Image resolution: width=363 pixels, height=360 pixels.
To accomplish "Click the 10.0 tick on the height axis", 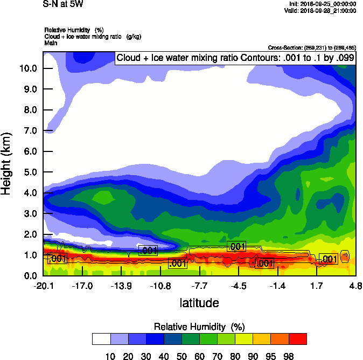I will click(x=28, y=68).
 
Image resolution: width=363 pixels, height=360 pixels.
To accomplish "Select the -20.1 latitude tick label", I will click(x=43, y=286).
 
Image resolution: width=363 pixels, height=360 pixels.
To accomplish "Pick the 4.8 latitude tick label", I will click(x=355, y=286).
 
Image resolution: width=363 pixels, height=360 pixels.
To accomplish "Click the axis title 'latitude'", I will click(x=199, y=303).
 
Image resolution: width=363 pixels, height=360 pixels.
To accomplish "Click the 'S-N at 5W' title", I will click(x=64, y=4).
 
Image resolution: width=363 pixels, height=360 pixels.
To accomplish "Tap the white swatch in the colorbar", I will click(x=101, y=339).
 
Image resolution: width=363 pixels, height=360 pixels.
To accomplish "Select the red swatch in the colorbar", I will click(x=298, y=339).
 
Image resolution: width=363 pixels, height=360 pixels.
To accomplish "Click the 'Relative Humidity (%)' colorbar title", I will click(x=199, y=327).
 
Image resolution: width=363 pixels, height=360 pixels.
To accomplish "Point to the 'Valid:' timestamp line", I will click(x=321, y=10).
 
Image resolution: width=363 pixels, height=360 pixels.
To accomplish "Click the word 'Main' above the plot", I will click(x=51, y=42).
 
